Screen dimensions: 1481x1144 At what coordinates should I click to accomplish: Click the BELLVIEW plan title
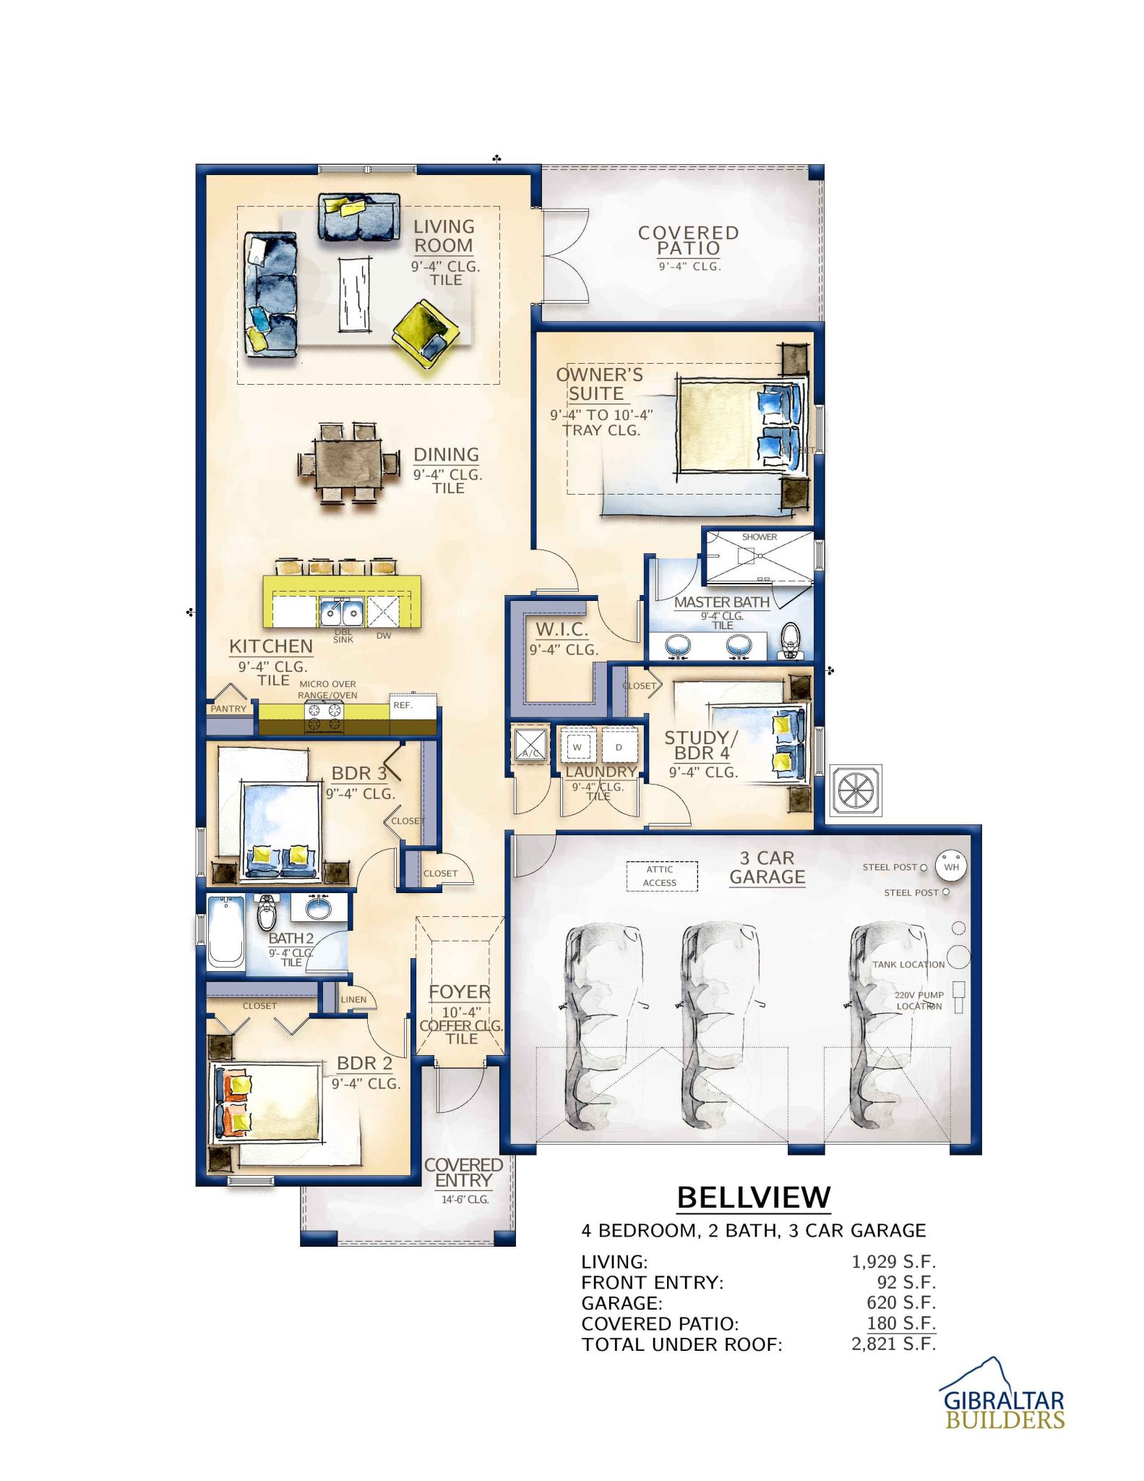point(753,1197)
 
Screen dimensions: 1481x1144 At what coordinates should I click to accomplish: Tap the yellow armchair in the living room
point(426,333)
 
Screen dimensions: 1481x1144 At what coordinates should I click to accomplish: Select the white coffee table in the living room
point(354,294)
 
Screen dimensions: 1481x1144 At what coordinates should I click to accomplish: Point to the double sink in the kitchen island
point(342,612)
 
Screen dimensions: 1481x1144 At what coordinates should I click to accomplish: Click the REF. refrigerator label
point(403,705)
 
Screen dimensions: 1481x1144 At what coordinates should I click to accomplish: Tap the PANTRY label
point(228,709)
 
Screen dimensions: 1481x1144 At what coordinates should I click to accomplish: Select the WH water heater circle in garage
point(951,866)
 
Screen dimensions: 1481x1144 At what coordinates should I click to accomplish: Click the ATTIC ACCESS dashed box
point(661,876)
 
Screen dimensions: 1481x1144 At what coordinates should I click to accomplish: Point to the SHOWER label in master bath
point(759,537)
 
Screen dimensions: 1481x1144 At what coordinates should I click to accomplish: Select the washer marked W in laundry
point(577,747)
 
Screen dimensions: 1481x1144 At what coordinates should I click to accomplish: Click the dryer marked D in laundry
point(619,747)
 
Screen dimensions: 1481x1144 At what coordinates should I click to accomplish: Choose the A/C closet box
point(530,745)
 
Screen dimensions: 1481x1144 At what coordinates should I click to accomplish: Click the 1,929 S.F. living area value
point(893,1262)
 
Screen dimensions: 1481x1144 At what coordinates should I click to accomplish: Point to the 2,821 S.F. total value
point(893,1344)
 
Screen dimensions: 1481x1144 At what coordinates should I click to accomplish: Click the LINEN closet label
point(353,999)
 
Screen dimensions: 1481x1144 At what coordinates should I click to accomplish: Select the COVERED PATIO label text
point(688,241)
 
